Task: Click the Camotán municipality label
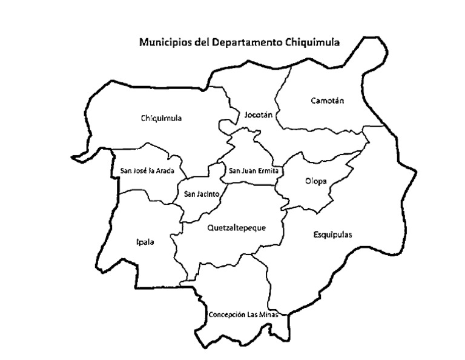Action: tap(326, 101)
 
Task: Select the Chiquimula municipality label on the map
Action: tap(161, 118)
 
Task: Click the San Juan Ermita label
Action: tap(253, 171)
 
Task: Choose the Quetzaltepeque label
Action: tap(236, 228)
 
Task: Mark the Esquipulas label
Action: tap(333, 235)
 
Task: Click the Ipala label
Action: tap(145, 242)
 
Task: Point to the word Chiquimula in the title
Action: tap(312, 43)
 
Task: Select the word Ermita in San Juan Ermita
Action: tap(268, 171)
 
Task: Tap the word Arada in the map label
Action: tap(165, 171)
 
